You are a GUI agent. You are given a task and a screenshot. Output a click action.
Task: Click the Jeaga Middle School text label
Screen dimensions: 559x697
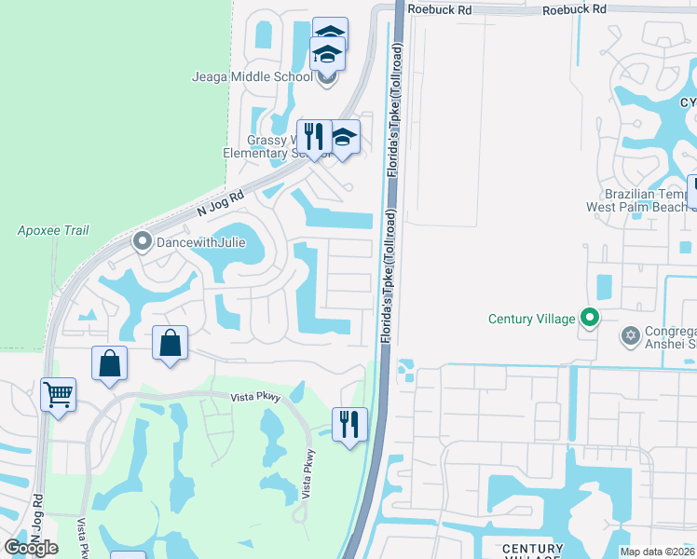click(x=253, y=76)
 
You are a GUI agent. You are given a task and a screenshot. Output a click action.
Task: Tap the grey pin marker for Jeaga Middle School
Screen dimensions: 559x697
click(x=326, y=77)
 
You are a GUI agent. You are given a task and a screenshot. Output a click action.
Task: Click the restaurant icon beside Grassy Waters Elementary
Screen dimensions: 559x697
click(x=313, y=136)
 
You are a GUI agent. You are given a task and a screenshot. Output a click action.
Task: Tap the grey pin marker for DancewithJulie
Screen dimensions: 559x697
click(x=142, y=242)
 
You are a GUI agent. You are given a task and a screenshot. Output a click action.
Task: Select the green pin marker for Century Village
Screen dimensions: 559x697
click(x=589, y=319)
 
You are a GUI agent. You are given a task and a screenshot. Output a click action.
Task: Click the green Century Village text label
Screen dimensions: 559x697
click(x=532, y=319)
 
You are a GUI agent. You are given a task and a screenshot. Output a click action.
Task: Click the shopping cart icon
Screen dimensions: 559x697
click(x=58, y=394)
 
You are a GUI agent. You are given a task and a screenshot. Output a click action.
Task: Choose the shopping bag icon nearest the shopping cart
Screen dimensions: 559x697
click(x=109, y=362)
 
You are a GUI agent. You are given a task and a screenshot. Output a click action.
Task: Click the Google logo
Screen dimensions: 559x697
click(x=32, y=548)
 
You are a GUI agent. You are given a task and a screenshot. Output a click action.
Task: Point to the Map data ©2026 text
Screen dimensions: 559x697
click(x=657, y=552)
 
